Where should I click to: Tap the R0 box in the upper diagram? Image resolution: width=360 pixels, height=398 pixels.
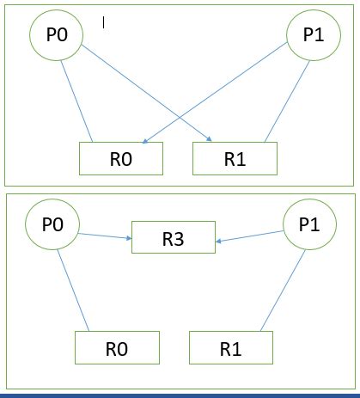pos(120,158)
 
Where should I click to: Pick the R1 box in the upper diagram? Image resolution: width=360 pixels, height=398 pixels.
pos(235,158)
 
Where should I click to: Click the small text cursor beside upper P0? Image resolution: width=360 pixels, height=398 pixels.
pos(104,23)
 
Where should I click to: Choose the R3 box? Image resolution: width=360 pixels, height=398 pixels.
pos(173,238)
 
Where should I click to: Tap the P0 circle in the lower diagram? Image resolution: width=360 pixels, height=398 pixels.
pos(52,225)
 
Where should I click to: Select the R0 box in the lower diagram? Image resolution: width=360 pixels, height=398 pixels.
pos(118,349)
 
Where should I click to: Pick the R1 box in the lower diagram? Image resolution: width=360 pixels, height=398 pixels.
pos(231,349)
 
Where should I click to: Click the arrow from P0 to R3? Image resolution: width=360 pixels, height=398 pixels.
pos(104,232)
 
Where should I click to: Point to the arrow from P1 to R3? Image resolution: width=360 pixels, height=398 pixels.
pos(249,235)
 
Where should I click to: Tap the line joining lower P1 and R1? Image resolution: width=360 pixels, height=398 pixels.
pos(281,291)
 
